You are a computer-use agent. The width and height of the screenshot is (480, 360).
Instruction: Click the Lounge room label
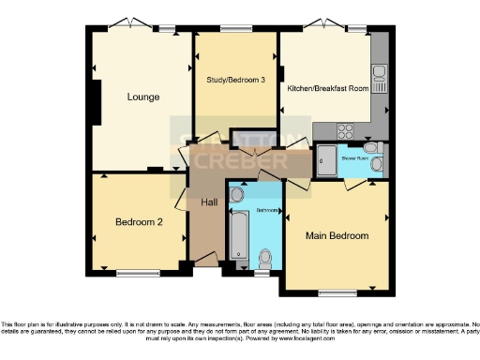pyautogui.click(x=143, y=97)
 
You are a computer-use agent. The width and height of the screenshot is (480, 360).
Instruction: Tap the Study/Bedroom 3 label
pyautogui.click(x=236, y=81)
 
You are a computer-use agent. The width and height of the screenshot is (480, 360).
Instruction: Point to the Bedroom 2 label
pyautogui.click(x=140, y=222)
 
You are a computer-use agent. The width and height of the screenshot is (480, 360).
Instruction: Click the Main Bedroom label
pyautogui.click(x=337, y=235)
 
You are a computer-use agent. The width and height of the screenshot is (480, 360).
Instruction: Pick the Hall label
pyautogui.click(x=209, y=202)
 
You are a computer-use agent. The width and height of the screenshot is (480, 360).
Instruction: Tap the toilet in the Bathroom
pyautogui.click(x=266, y=256)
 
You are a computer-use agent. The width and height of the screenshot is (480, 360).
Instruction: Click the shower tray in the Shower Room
pyautogui.click(x=327, y=162)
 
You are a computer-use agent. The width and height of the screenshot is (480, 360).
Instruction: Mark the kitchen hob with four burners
pyautogui.click(x=345, y=131)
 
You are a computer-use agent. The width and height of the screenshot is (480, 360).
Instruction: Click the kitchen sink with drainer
pyautogui.click(x=379, y=75)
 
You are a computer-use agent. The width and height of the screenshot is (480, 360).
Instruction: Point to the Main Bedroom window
pyautogui.click(x=335, y=292)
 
